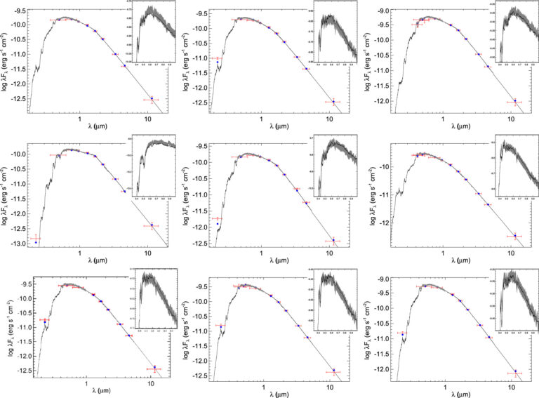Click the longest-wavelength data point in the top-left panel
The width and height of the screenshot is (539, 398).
click(152, 99)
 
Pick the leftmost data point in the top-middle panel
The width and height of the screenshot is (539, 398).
click(218, 62)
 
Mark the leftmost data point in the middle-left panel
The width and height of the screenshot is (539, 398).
click(36, 242)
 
